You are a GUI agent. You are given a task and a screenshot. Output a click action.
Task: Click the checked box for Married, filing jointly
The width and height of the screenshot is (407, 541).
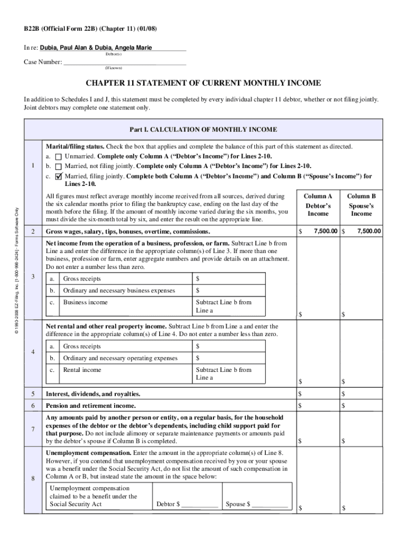point(58,176)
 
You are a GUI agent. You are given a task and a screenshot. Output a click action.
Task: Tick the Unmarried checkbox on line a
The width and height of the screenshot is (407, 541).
point(58,157)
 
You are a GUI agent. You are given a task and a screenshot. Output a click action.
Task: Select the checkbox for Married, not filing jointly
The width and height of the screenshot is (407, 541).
point(58,166)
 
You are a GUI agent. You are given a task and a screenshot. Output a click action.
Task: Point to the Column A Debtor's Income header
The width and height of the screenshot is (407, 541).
point(318,205)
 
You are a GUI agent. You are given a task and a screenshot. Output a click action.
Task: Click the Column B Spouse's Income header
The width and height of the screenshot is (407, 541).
point(362,205)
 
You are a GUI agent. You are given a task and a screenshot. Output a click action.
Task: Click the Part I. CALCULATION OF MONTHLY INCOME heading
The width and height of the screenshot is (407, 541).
point(203,129)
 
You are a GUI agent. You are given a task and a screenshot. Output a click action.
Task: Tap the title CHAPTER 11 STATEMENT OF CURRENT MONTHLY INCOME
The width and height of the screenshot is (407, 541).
point(203,83)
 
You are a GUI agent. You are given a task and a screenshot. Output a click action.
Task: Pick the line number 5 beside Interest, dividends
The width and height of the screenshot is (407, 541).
point(33,394)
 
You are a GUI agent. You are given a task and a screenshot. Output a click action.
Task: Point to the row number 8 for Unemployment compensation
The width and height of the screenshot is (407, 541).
point(33,480)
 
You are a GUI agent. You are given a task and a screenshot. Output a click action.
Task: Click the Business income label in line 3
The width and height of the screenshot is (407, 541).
point(85,302)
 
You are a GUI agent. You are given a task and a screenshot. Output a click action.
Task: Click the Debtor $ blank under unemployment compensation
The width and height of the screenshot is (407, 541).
point(199,505)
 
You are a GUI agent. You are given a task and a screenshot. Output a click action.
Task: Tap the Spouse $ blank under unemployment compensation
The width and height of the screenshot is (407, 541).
point(270,505)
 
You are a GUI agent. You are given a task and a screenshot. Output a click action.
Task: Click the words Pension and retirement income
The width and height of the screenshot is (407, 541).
point(91,406)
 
